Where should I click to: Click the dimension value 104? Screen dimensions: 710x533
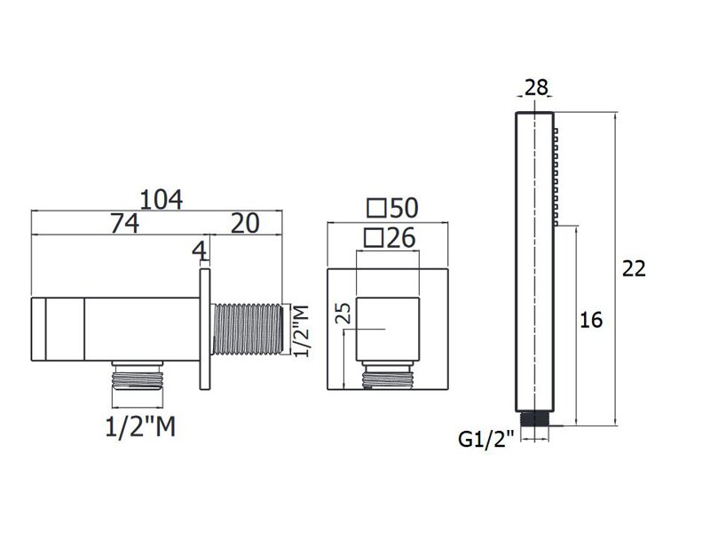pyautogui.click(x=162, y=199)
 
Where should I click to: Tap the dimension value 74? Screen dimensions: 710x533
pyautogui.click(x=125, y=224)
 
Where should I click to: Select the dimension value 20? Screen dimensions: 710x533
pyautogui.click(x=246, y=224)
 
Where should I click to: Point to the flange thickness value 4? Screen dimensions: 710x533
pyautogui.click(x=200, y=251)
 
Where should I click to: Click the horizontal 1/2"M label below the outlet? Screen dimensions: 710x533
pyautogui.click(x=140, y=427)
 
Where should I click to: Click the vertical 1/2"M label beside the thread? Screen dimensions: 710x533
pyautogui.click(x=301, y=330)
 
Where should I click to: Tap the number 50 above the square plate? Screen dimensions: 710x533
pyautogui.click(x=404, y=208)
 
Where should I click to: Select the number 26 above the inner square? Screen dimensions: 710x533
pyautogui.click(x=401, y=237)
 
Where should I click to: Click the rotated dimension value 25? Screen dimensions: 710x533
pyautogui.click(x=345, y=313)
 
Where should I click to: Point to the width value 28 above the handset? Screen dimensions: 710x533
pyautogui.click(x=536, y=87)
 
